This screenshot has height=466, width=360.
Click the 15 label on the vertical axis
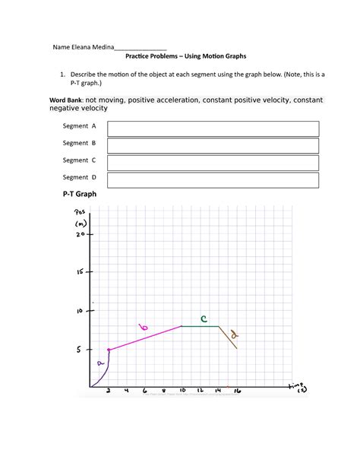pyautogui.click(x=80, y=271)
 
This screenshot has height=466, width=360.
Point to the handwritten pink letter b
pyautogui.click(x=144, y=328)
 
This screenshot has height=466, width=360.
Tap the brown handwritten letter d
pyautogui.click(x=235, y=334)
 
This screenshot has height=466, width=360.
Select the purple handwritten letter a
pyautogui.click(x=99, y=363)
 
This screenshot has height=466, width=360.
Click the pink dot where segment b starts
pyautogui.click(x=109, y=350)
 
